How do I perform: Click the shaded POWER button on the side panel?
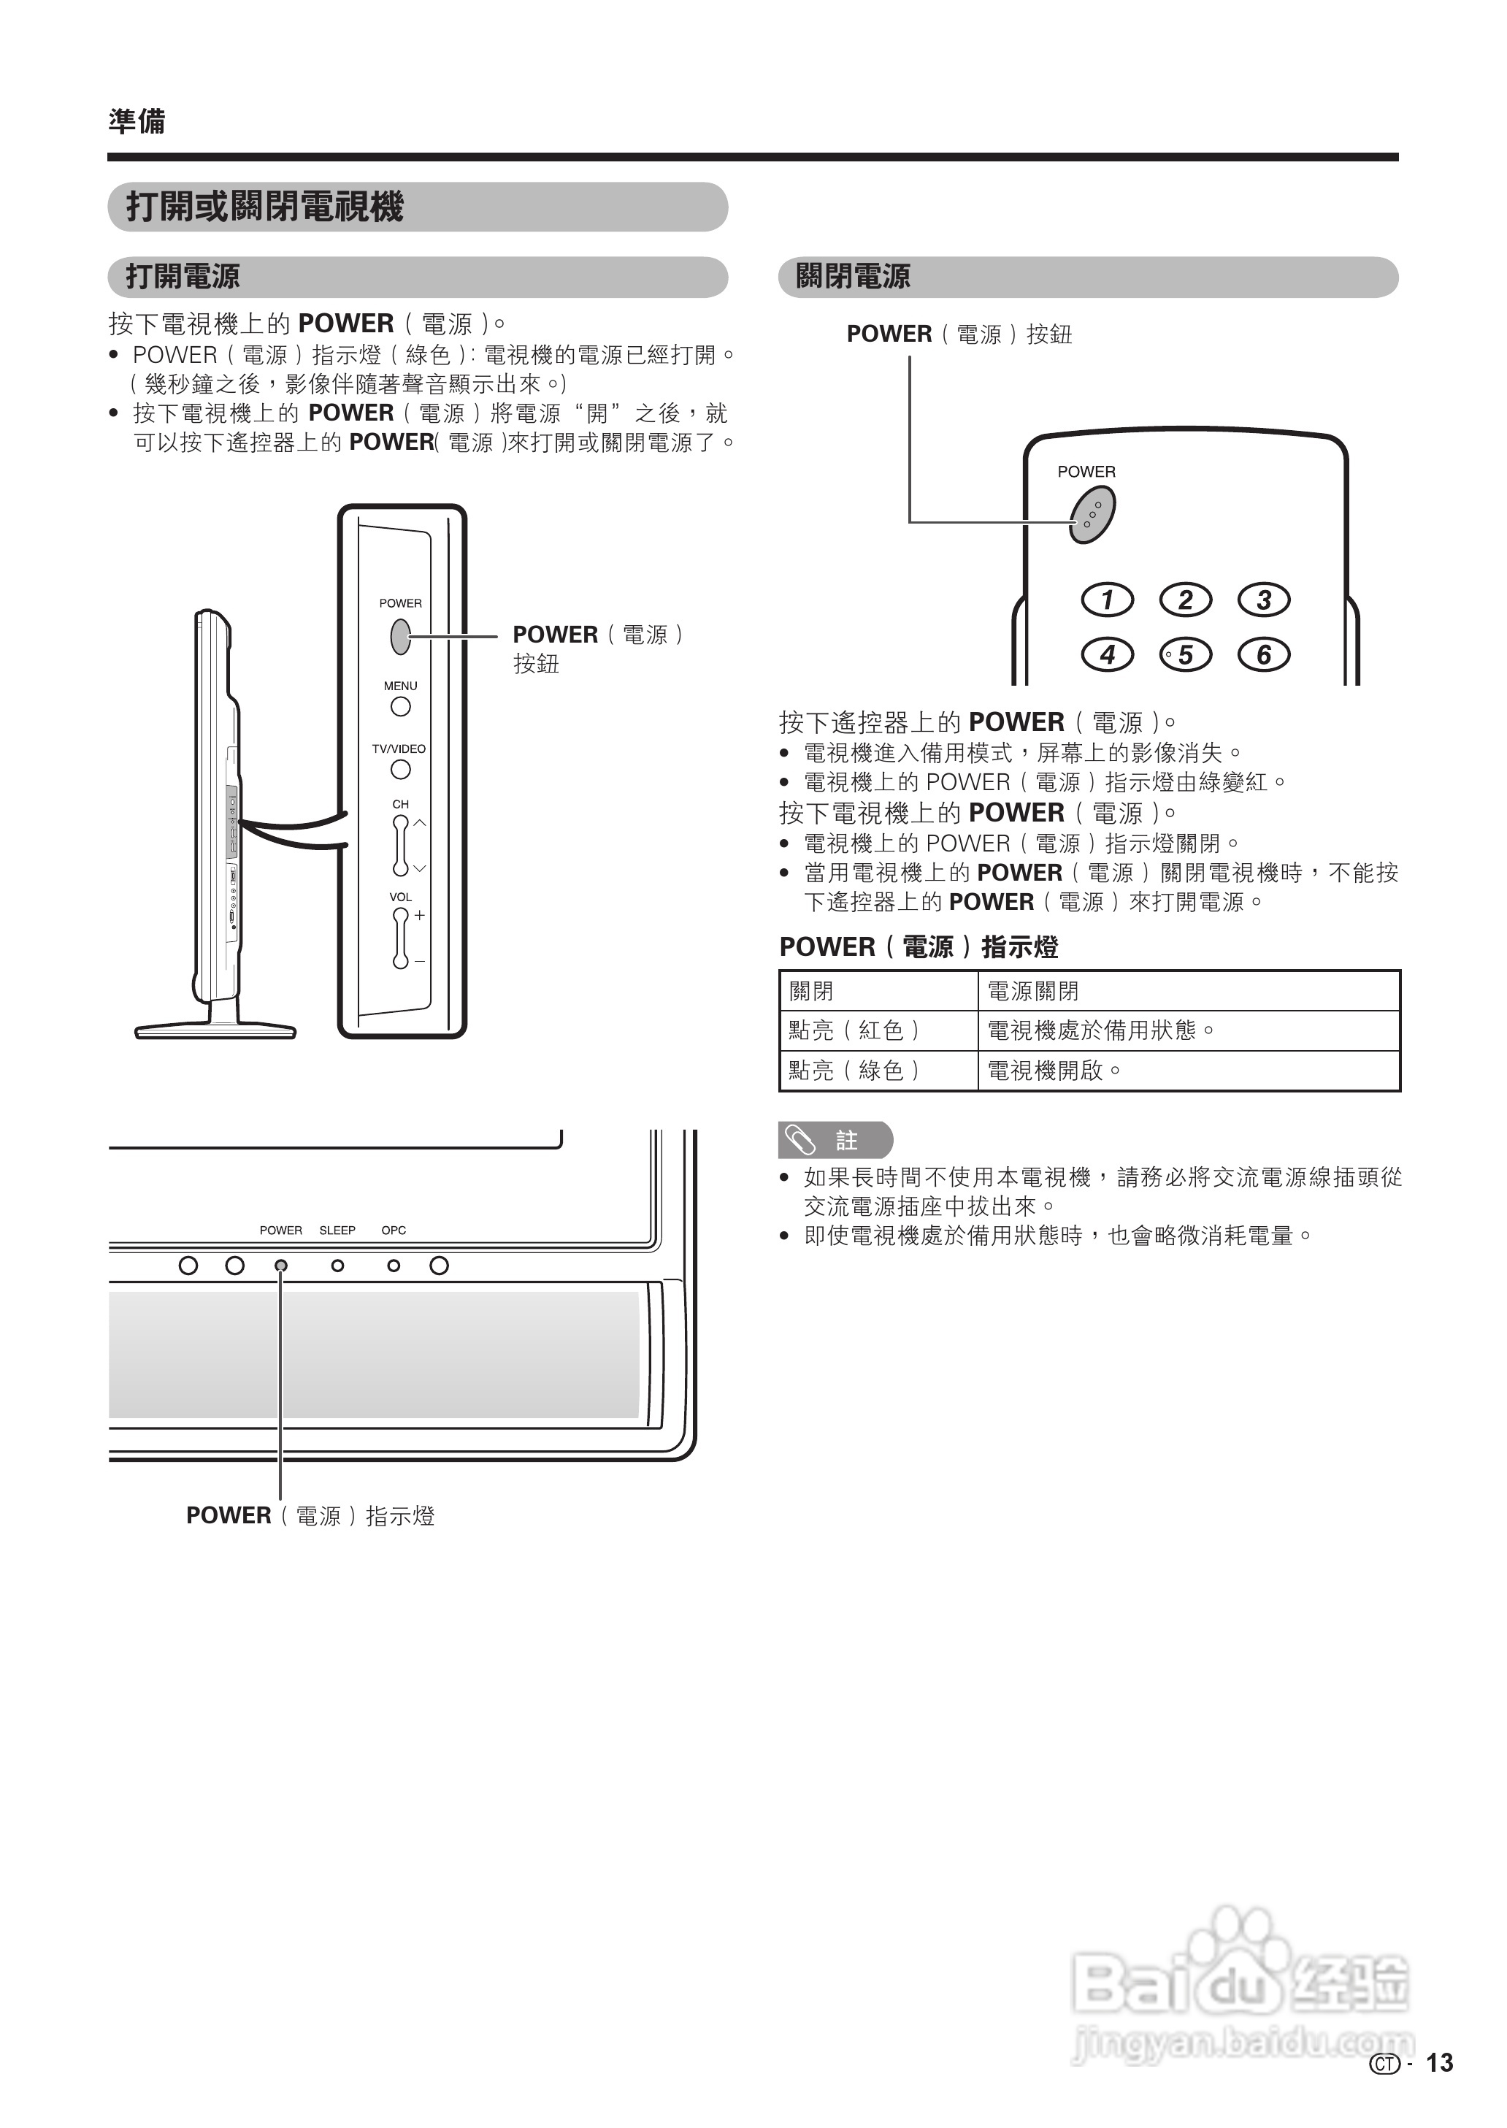coord(400,636)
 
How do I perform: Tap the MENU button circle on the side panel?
coord(400,706)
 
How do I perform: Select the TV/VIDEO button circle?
coord(400,770)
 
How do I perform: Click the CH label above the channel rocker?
coord(400,805)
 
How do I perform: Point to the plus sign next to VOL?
coord(419,915)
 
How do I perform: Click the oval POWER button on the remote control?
coord(1092,513)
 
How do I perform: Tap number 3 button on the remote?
coord(1263,600)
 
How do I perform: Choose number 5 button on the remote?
coord(1185,654)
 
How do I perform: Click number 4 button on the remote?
coord(1107,654)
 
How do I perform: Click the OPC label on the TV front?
coord(394,1231)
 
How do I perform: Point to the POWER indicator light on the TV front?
coord(281,1266)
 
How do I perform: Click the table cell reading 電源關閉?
coord(1032,991)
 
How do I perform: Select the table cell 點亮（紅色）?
coord(854,1030)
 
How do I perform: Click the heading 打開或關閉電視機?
coord(264,206)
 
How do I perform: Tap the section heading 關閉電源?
coord(853,277)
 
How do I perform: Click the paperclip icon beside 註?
coord(800,1140)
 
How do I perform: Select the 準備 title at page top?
coord(137,121)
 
